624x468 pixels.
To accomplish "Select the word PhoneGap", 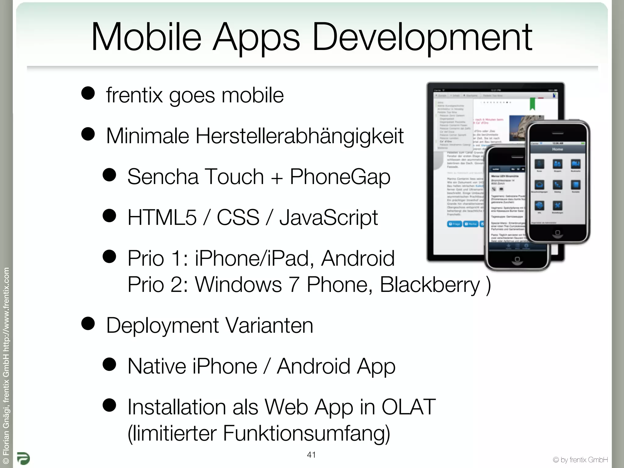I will click(340, 177).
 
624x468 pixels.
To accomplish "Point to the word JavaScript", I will click(328, 218).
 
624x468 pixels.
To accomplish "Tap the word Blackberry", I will click(430, 285).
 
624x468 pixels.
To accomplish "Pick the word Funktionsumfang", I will click(306, 433).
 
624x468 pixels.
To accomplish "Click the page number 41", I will click(311, 455).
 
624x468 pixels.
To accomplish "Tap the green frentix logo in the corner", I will click(23, 458).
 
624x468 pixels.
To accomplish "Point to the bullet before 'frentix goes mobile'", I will click(88, 93).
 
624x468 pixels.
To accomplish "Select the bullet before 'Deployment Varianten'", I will click(88, 324).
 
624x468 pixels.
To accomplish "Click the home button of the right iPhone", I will click(558, 233).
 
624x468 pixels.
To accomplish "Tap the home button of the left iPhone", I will click(517, 260).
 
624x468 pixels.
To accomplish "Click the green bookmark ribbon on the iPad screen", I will click(532, 104).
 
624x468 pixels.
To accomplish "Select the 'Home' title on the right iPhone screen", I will click(558, 149).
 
